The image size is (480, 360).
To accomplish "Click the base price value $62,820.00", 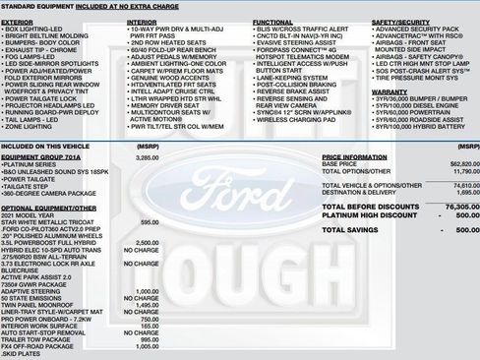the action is click(x=450, y=163).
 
